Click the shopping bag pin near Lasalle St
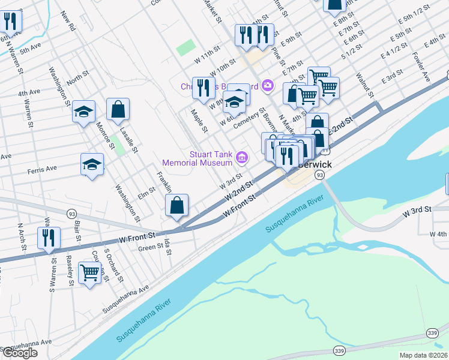118,110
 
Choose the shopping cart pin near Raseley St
89,272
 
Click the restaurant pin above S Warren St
48,238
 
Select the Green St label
147,247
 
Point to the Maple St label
199,121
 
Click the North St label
77,79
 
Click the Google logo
20,353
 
